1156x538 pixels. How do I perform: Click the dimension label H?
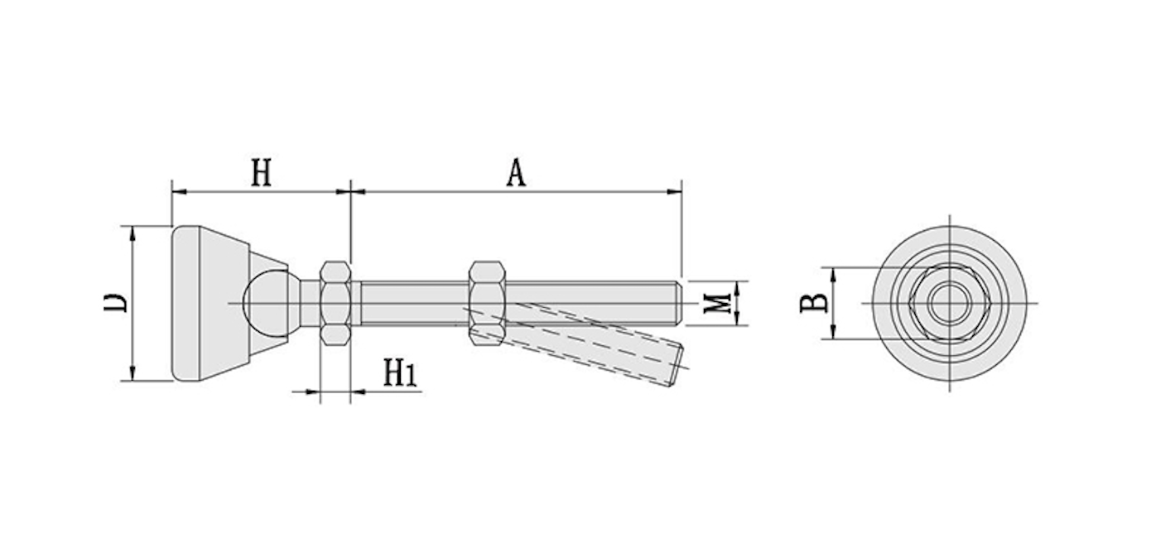pos(261,173)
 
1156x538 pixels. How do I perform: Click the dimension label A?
pos(516,173)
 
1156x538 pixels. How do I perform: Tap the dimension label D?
pos(116,303)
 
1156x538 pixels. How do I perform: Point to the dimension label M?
pos(718,303)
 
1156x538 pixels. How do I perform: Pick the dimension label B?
pos(814,303)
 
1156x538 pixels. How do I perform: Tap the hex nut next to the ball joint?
pos(335,303)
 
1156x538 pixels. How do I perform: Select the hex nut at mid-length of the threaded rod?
pos(487,303)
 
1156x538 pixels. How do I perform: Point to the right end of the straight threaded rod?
pos(682,303)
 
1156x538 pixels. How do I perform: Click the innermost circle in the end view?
pos(950,303)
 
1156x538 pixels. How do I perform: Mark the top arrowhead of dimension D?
pos(132,233)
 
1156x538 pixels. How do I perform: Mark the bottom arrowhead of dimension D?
pos(132,373)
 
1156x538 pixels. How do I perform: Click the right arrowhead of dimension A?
pos(674,192)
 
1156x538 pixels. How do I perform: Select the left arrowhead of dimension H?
pos(179,192)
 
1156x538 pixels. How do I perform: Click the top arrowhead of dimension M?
pos(737,289)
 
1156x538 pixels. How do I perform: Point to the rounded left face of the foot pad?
pos(185,303)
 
